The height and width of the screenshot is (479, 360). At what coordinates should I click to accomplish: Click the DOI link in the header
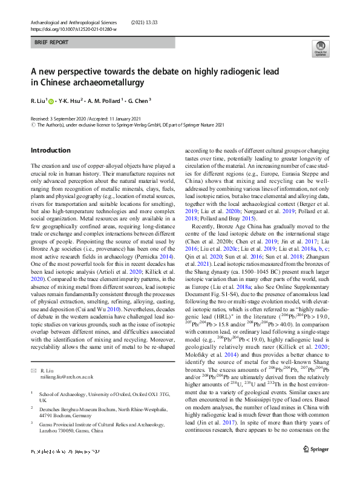[69, 28]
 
